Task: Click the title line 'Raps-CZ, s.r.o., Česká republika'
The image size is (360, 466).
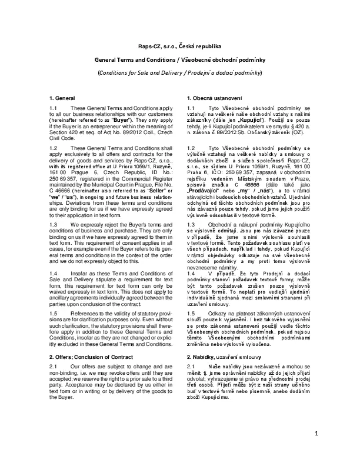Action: tap(179, 45)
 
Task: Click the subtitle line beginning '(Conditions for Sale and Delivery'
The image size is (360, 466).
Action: tap(179, 74)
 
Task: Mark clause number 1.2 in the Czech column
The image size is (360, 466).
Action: tap(191, 147)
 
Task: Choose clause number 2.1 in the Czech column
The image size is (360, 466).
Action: tap(191, 367)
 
